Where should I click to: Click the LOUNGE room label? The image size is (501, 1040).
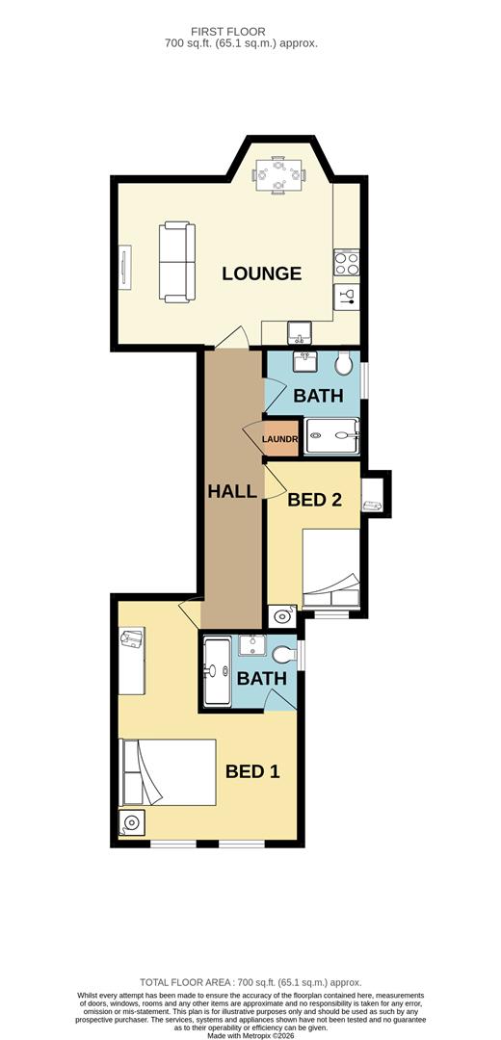click(x=261, y=273)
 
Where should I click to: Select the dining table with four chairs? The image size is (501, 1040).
click(x=278, y=174)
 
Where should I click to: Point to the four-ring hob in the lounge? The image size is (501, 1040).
click(x=346, y=263)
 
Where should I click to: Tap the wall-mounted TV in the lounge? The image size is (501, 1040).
click(x=124, y=267)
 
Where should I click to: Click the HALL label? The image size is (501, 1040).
click(x=232, y=491)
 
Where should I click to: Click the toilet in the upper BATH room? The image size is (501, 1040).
click(x=344, y=363)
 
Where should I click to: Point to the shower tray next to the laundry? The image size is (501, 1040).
click(x=331, y=436)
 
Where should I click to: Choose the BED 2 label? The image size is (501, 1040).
click(x=315, y=499)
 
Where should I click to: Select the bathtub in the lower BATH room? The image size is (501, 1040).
click(x=216, y=672)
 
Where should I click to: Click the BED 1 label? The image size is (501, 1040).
click(x=252, y=770)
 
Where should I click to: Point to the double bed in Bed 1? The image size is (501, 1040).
click(x=168, y=772)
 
